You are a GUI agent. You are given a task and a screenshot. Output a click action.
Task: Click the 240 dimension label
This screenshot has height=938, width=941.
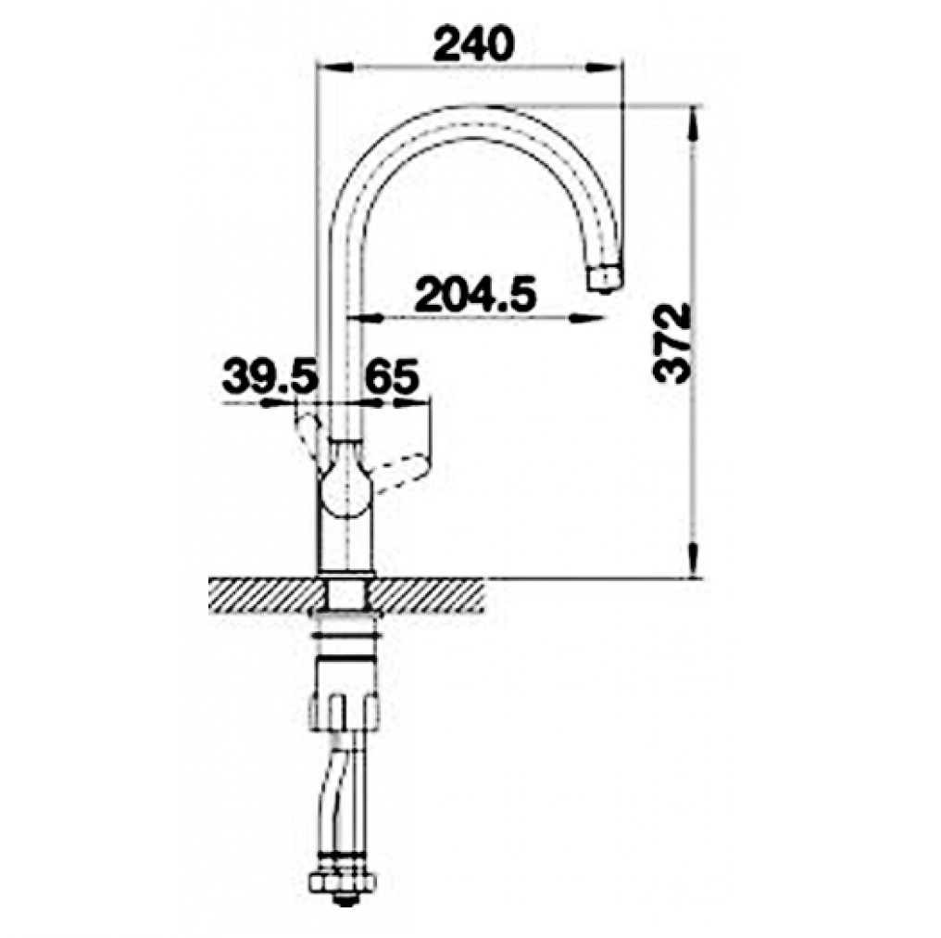pos(474,44)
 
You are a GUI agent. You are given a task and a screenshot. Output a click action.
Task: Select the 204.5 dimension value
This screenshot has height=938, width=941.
pos(475,294)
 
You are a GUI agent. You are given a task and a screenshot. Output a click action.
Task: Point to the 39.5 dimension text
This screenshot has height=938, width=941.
pos(269,376)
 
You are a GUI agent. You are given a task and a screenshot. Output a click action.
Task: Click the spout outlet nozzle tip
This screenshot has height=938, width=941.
pos(604,279)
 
